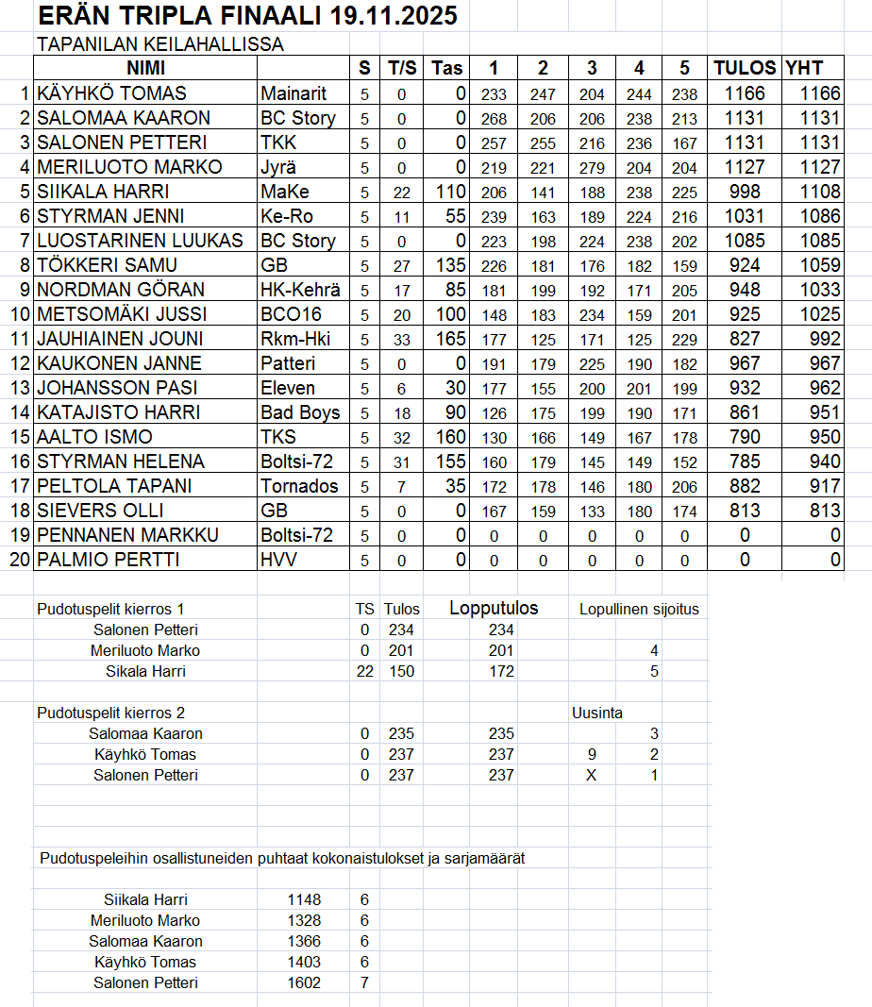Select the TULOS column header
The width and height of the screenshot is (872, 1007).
(745, 68)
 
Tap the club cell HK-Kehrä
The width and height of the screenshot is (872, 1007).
(300, 290)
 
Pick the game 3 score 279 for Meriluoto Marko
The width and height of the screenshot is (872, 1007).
(592, 167)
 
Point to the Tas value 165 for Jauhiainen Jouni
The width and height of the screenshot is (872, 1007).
(448, 339)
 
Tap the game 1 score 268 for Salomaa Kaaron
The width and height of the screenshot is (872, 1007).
(494, 118)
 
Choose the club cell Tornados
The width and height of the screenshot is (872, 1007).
(299, 486)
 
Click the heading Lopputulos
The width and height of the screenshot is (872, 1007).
(494, 608)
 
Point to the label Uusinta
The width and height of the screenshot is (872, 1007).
(596, 713)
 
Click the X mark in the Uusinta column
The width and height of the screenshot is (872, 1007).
(592, 775)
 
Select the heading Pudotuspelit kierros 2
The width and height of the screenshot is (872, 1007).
(117, 713)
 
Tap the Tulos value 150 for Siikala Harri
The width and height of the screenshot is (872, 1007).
(401, 671)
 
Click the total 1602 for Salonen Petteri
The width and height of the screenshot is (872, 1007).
(304, 982)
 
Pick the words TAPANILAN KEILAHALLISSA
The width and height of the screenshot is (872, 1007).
(160, 44)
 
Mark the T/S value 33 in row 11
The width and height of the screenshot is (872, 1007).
(401, 339)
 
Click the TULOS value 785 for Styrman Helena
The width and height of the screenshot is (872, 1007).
(746, 462)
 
